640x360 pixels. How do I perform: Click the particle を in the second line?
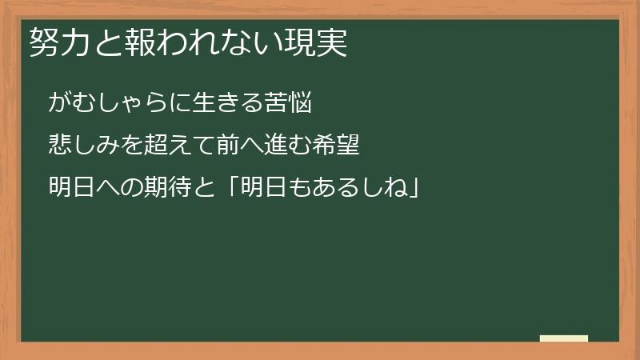(128, 146)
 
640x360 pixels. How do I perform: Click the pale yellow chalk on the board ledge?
(564, 338)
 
